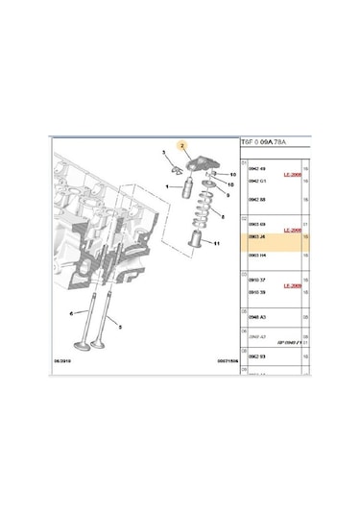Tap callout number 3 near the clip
click(163, 153)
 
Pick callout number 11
click(229, 244)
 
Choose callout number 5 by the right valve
click(119, 328)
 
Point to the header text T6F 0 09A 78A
click(271, 141)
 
